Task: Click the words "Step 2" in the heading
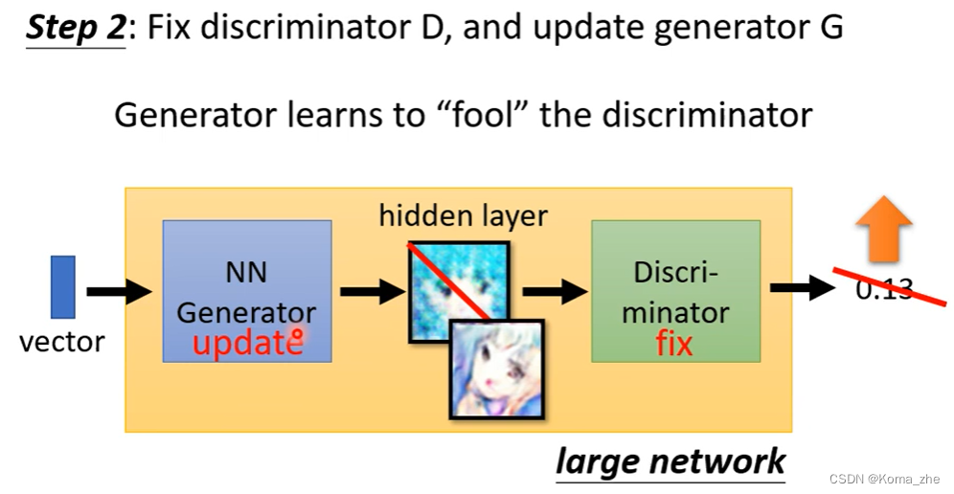[76, 28]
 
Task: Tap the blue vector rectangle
[62, 287]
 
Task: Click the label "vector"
[62, 341]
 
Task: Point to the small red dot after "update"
[298, 336]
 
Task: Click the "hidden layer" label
[463, 215]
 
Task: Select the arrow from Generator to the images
[373, 290]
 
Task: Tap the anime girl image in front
[496, 369]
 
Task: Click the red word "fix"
[673, 343]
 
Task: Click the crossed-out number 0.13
[884, 288]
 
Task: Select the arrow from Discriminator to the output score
[803, 288]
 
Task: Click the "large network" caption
[670, 461]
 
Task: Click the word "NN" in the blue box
[246, 273]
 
